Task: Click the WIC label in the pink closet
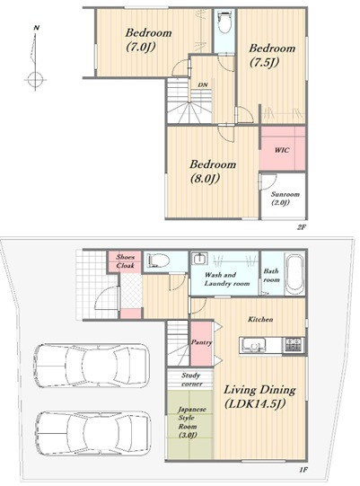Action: (x=282, y=150)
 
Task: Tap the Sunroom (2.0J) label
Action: (x=285, y=199)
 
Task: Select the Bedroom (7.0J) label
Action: (x=148, y=40)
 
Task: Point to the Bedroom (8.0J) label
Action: (x=213, y=171)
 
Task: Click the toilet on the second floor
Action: (x=224, y=22)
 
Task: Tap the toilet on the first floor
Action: (x=158, y=260)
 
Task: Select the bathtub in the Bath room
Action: (x=294, y=275)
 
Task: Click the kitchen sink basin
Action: (x=254, y=345)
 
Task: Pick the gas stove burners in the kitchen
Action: (x=293, y=344)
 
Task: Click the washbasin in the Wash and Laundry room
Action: (x=198, y=259)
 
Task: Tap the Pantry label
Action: (x=201, y=342)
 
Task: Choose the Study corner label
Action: (x=191, y=380)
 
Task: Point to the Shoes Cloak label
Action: (x=125, y=261)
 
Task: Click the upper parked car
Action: (x=92, y=366)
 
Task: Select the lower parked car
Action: (x=92, y=433)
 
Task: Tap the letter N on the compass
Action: (x=37, y=28)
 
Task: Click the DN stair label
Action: (x=203, y=84)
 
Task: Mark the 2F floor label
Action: (x=302, y=227)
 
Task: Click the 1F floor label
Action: (x=303, y=470)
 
